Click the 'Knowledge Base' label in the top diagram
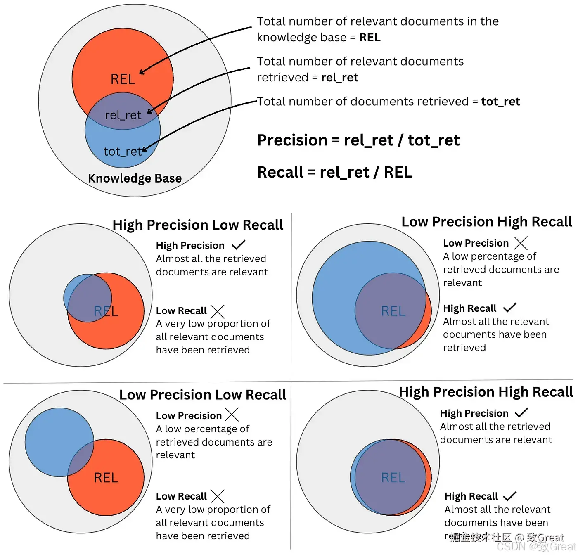click(x=135, y=178)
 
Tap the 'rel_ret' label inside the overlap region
click(x=123, y=115)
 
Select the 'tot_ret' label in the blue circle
click(x=122, y=152)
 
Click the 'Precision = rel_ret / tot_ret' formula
click(x=358, y=140)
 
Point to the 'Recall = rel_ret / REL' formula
click(x=334, y=172)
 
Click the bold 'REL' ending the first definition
click(x=370, y=38)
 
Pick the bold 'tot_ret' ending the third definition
click(x=500, y=102)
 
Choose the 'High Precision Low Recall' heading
click(x=198, y=225)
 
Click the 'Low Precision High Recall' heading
click(x=486, y=222)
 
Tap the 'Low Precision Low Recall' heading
click(x=202, y=395)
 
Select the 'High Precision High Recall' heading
click(x=486, y=392)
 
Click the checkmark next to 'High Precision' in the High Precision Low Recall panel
click(x=239, y=245)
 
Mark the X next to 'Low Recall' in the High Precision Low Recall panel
click(x=217, y=311)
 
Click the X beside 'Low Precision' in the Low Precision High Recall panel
click(x=521, y=243)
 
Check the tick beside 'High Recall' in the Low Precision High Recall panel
click(x=510, y=308)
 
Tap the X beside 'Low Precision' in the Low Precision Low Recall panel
click(x=232, y=415)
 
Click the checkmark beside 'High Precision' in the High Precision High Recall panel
click(x=522, y=412)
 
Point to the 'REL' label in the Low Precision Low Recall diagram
click(x=106, y=478)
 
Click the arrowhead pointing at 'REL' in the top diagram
click(x=141, y=72)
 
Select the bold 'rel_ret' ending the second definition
click(x=339, y=78)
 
